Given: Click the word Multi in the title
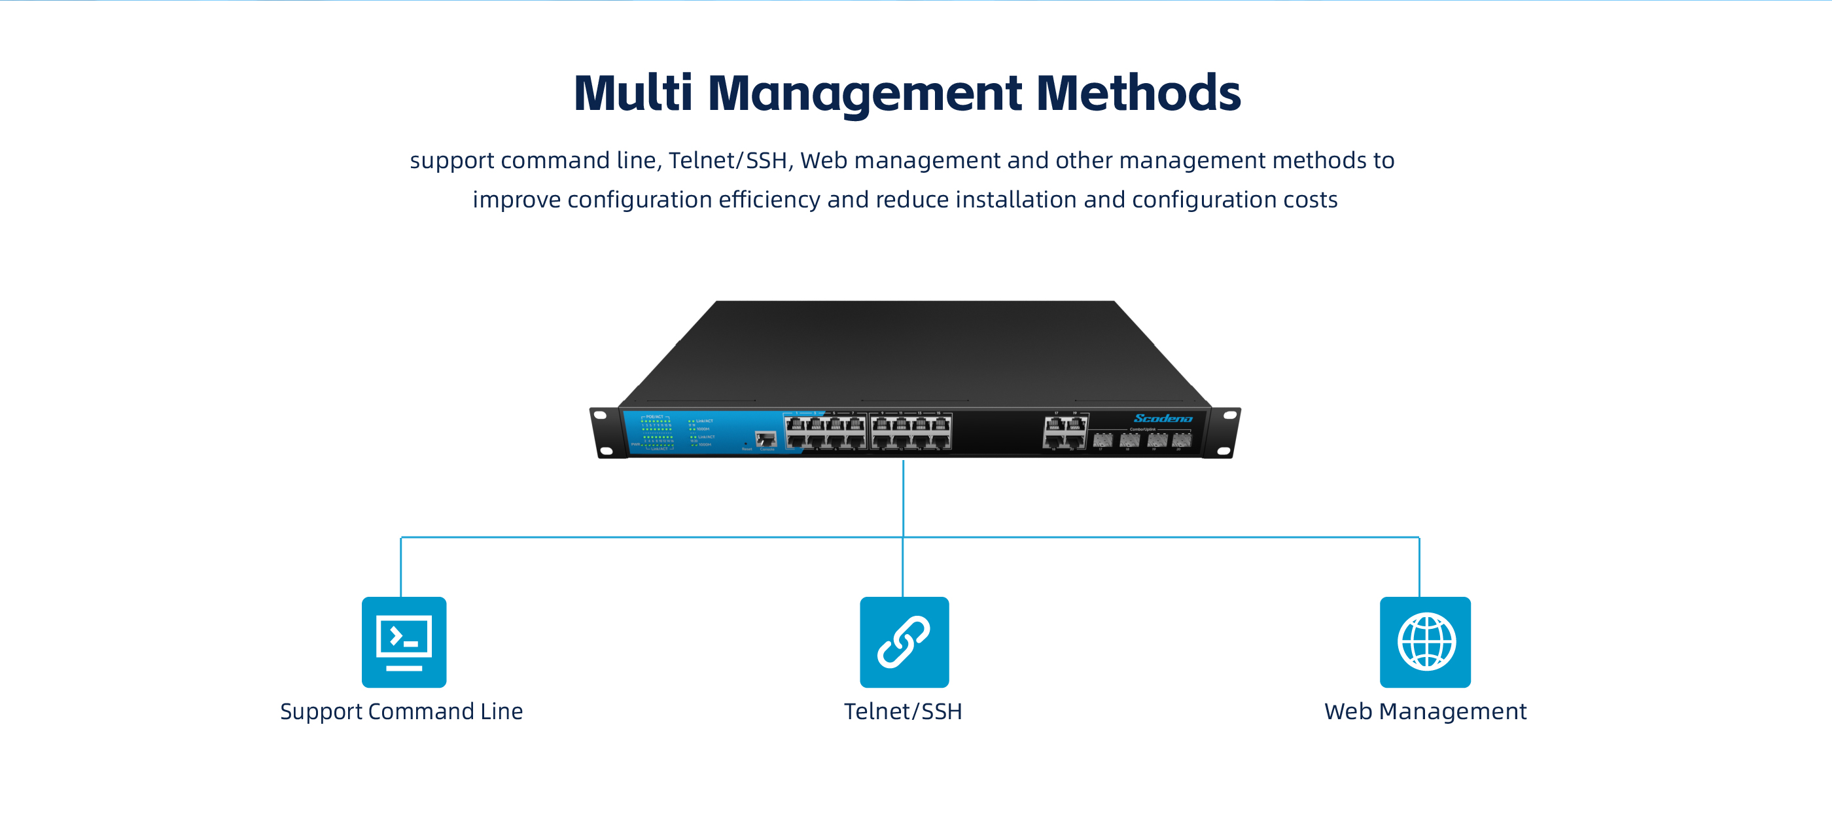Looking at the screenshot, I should (632, 93).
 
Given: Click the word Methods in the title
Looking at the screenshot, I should (1138, 93).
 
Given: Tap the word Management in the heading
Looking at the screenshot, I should (865, 93).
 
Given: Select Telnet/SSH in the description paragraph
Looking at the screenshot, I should (728, 160).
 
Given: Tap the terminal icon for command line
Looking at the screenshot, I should (404, 641).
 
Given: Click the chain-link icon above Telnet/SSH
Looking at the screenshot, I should (904, 641).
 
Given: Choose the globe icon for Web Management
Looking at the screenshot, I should (1425, 641).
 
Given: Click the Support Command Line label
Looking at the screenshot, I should (401, 711).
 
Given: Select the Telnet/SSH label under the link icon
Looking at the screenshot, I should (902, 711).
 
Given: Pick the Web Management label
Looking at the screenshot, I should (1425, 711).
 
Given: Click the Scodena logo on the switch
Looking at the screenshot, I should (1163, 418).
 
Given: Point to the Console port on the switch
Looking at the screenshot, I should (766, 439).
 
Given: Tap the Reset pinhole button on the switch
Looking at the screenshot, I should (745, 444).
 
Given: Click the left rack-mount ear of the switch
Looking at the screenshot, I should (605, 433).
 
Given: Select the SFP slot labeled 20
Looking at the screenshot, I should (1181, 440).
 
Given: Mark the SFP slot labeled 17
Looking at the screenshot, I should (1102, 440).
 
